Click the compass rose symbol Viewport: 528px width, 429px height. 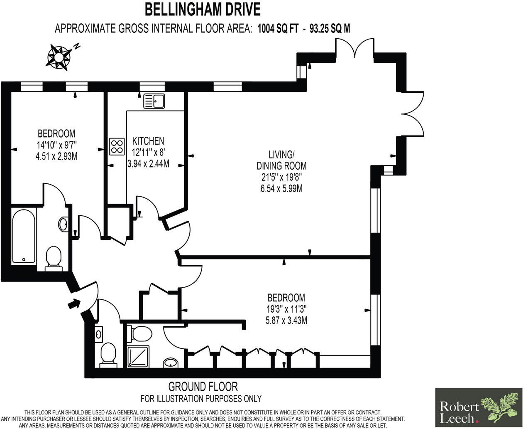click(59, 58)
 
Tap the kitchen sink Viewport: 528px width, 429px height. click(154, 101)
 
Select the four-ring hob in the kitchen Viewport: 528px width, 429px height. click(117, 146)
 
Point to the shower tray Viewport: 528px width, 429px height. click(138, 357)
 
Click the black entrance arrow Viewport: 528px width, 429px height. click(74, 303)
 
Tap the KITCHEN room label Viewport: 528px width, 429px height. click(148, 141)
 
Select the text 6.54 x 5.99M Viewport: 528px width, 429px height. click(281, 189)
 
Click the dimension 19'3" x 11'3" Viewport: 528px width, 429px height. click(286, 309)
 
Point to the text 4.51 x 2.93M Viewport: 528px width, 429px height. click(56, 156)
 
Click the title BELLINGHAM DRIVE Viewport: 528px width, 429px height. click(203, 10)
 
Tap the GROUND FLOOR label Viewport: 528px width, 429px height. click(203, 387)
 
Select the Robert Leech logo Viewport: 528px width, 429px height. click(479, 407)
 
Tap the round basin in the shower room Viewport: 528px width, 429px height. click(171, 363)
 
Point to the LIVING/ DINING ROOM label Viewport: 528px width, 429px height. click(281, 160)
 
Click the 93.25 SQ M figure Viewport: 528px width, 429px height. click(330, 29)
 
